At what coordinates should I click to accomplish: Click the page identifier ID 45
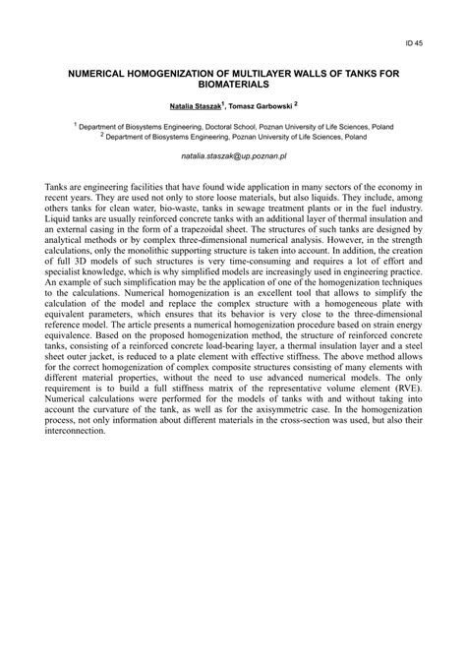click(x=415, y=42)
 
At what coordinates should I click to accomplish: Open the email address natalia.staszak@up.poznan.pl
click(x=233, y=155)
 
